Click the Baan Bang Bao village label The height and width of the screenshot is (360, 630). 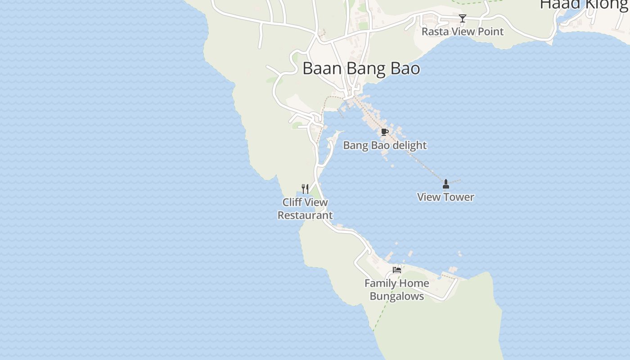(x=361, y=68)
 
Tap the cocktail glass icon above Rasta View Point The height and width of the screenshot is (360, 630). (x=462, y=18)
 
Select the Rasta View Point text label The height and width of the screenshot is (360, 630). (x=462, y=31)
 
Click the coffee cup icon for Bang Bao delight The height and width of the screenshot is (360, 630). (x=384, y=132)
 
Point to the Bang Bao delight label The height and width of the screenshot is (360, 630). (x=385, y=145)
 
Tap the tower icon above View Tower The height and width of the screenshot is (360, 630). (x=446, y=184)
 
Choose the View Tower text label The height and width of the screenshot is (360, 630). (x=445, y=197)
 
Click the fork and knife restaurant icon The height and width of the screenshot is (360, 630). (x=305, y=189)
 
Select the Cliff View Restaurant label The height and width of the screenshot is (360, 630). (x=305, y=209)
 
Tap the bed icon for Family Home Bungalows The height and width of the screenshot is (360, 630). (x=396, y=270)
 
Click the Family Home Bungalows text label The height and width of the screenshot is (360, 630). (x=396, y=290)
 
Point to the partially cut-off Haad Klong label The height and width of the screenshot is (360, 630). (x=584, y=4)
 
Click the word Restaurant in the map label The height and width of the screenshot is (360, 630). (x=305, y=216)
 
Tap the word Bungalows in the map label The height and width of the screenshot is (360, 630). (x=396, y=297)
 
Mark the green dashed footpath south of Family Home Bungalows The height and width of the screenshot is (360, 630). (x=382, y=310)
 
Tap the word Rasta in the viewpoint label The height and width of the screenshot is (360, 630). (x=435, y=31)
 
